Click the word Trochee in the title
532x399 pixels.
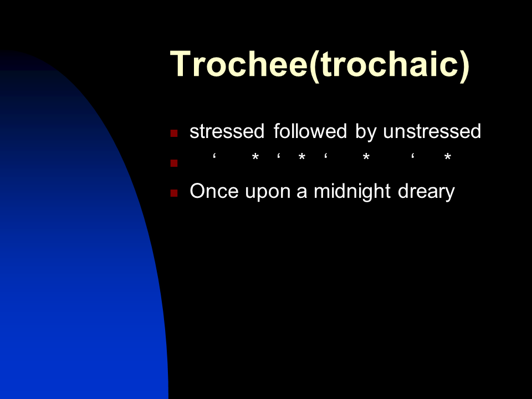tap(239, 64)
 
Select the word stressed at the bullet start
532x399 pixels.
tap(227, 131)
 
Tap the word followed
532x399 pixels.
tap(310, 131)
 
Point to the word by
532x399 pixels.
tap(365, 132)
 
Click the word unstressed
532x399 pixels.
tap(432, 131)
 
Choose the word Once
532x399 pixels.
tap(214, 191)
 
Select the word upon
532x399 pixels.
tap(268, 193)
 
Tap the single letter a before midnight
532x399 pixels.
tap(301, 193)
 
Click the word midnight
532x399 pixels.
tap(352, 191)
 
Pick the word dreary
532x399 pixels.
tap(426, 192)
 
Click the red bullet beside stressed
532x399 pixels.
tap(174, 133)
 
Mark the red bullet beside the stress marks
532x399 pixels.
tap(174, 163)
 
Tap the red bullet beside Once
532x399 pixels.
tap(174, 193)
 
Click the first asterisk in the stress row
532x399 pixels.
tap(255, 157)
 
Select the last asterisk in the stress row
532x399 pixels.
tap(448, 157)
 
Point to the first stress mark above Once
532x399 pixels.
tap(214, 156)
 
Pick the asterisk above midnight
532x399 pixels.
tap(366, 157)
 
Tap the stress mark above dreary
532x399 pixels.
tap(412, 156)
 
